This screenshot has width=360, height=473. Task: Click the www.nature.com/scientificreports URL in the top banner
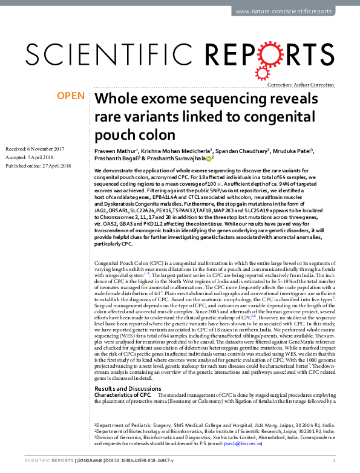pos(292,11)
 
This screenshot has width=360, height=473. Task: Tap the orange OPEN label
pos(70,96)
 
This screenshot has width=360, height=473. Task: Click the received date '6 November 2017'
pos(43,149)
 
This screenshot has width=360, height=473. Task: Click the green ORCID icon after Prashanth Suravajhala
pos(209,158)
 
